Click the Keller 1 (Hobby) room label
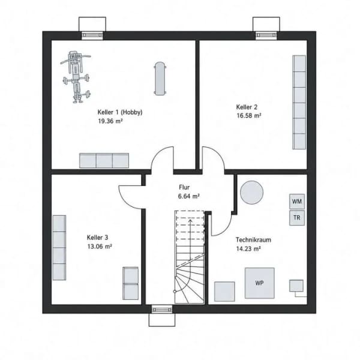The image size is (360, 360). point(120,112)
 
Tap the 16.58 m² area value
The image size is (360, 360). point(248,115)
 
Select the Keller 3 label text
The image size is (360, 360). point(97,238)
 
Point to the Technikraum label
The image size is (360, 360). point(253,239)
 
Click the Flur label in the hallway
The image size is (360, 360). point(184,187)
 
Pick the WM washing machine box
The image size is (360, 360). point(297,202)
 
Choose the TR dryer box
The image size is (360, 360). point(297,218)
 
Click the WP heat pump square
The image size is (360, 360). point(259,283)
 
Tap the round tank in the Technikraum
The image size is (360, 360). point(251,193)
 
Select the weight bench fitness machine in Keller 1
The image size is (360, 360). point(76,77)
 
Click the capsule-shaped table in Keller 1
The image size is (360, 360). point(160,78)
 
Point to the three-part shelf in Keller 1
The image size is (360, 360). point(104,161)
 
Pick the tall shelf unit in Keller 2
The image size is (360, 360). point(299,103)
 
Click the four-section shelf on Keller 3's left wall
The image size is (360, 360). point(59,248)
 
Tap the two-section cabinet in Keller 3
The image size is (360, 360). point(130,283)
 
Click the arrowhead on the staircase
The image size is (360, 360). point(190,221)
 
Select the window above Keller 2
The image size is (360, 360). point(266,35)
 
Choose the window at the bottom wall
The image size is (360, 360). point(162,310)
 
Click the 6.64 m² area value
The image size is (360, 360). point(189,196)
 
